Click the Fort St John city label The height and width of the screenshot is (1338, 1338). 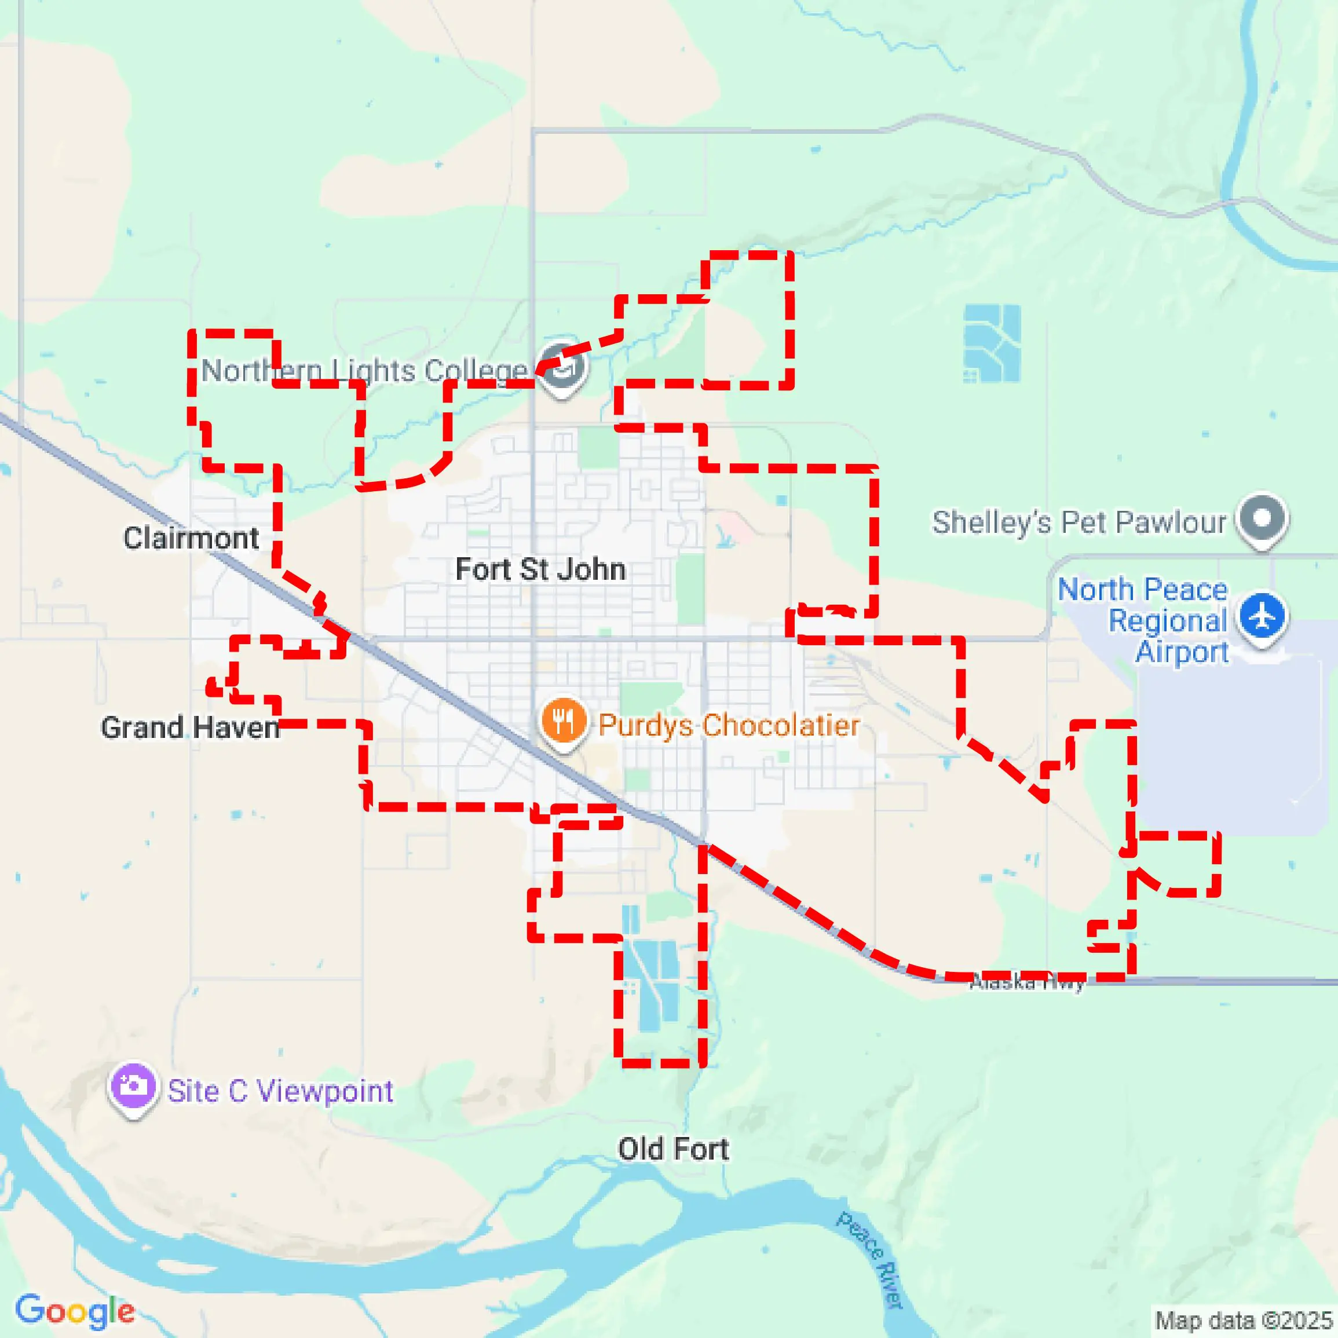pos(540,570)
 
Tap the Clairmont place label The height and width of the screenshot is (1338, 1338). pos(191,538)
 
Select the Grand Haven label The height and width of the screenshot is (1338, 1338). pos(190,728)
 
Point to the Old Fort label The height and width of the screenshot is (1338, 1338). pos(673,1149)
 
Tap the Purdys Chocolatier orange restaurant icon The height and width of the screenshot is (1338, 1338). pos(564,721)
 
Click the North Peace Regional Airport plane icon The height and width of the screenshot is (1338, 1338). pos(1263,615)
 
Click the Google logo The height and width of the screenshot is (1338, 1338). pos(75,1311)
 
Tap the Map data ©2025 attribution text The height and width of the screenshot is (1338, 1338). pos(1243,1320)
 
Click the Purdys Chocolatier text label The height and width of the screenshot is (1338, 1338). pos(729,725)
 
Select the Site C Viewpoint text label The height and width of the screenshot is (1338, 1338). pos(280,1091)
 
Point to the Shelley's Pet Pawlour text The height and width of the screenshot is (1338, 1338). pos(1079,522)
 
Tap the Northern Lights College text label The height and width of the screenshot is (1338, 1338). pos(364,371)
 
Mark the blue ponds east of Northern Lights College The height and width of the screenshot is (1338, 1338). pos(992,343)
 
